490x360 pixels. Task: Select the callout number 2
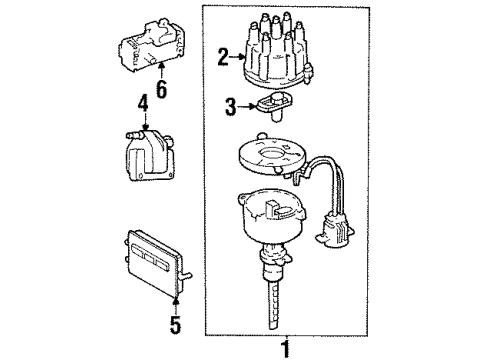click(223, 58)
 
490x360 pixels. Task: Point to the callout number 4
click(142, 102)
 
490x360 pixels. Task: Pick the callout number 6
click(161, 90)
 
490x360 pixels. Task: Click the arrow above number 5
click(176, 301)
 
